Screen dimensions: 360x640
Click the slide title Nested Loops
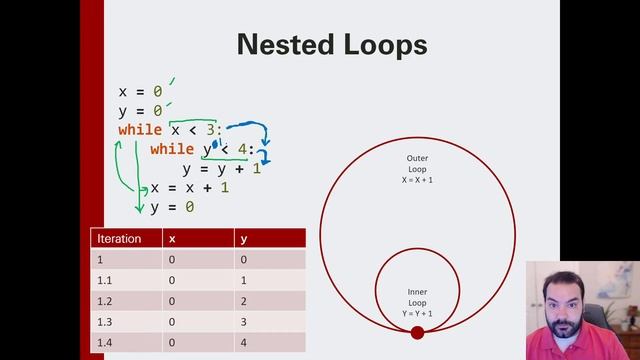click(x=331, y=45)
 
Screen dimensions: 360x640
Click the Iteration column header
click(x=117, y=239)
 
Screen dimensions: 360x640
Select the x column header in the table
click(x=173, y=239)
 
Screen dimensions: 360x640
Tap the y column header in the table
click(x=243, y=239)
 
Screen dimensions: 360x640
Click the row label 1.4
click(x=104, y=343)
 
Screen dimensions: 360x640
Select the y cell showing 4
click(x=243, y=343)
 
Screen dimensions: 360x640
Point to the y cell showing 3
click(x=243, y=322)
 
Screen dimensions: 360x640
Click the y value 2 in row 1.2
click(x=243, y=301)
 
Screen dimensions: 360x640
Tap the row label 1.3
click(x=104, y=322)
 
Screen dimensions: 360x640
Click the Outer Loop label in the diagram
click(x=417, y=168)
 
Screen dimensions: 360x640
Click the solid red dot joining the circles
click(x=417, y=332)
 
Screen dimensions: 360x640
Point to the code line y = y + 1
click(x=221, y=168)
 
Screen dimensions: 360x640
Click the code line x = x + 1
click(x=189, y=187)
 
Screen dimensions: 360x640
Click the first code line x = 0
click(x=140, y=92)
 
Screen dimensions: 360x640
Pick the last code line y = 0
click(x=172, y=206)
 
